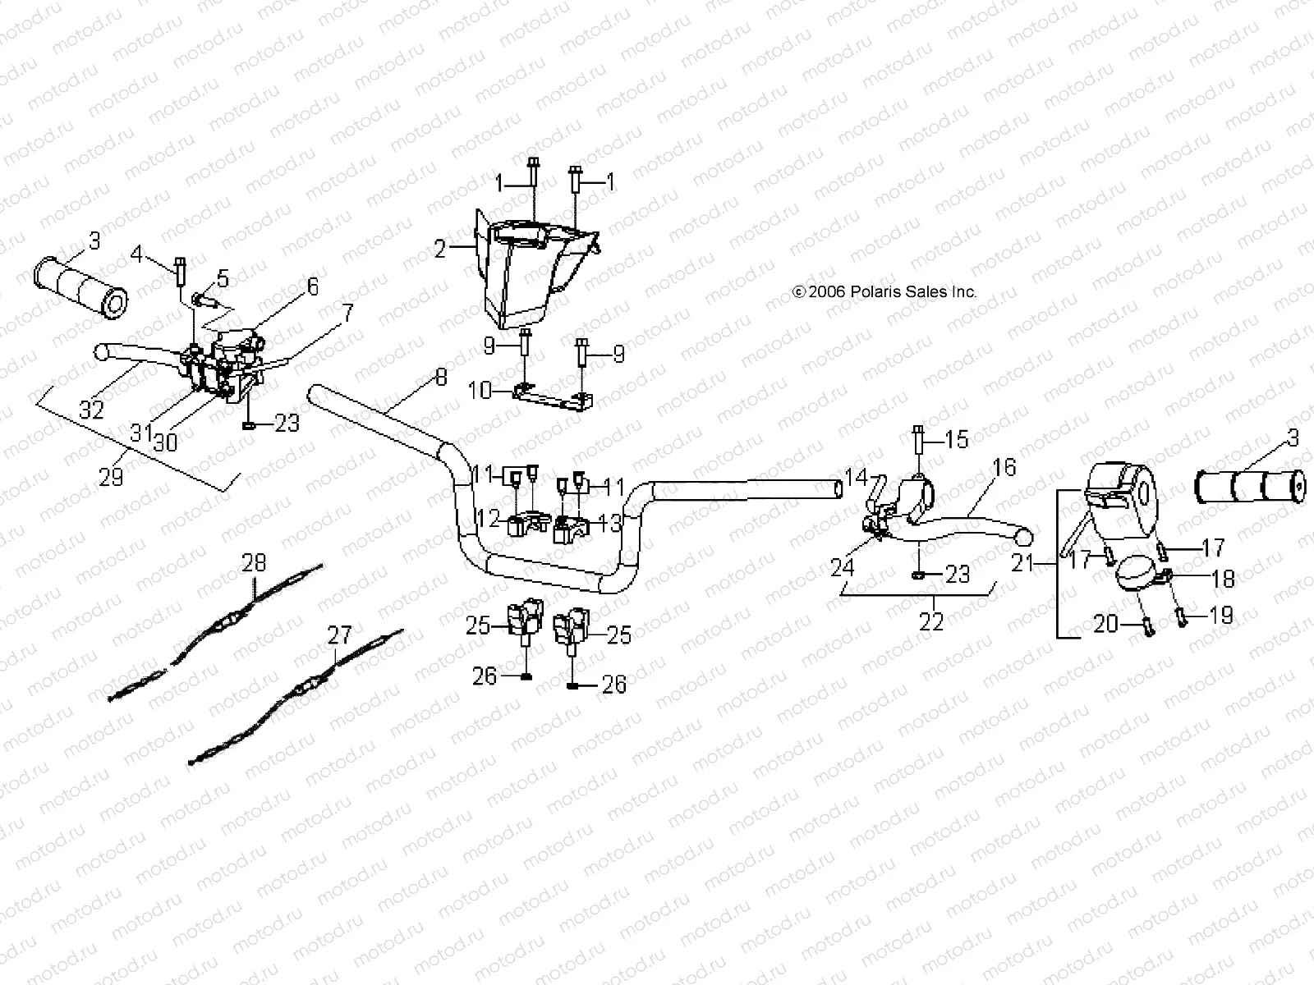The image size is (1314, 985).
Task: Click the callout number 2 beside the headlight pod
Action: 440,249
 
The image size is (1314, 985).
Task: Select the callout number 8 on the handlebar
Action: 441,378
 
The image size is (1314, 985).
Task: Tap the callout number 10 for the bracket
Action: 479,391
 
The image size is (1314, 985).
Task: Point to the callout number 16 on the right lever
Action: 1004,468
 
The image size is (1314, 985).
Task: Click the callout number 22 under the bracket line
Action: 932,621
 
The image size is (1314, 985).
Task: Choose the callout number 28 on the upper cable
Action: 255,563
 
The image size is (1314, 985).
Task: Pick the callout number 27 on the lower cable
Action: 339,635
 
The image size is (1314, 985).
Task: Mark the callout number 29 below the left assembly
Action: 111,476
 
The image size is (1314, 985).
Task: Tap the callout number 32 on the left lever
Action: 91,408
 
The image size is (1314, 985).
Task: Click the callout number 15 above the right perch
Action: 957,439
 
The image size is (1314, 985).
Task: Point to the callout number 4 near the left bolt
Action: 137,255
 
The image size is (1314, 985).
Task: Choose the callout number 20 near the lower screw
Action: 1105,625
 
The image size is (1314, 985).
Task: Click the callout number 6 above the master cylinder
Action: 312,286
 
